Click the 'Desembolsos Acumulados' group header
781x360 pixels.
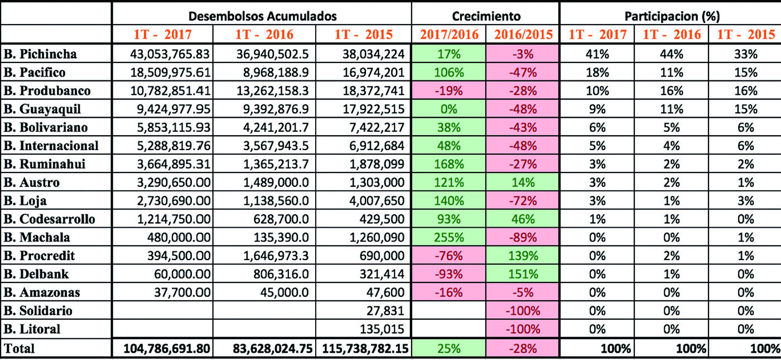[x=262, y=16]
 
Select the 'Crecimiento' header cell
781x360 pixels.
[x=485, y=16]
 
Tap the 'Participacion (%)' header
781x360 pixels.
[x=670, y=16]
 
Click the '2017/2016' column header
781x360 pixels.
[x=449, y=35]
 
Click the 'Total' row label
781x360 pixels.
[x=20, y=348]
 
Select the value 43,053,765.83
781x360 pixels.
[x=168, y=55]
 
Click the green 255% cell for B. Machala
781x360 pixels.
[x=449, y=238]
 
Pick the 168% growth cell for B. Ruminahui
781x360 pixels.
[x=449, y=165]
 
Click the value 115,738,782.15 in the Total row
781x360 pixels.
[x=364, y=348]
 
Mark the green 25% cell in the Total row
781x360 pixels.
[x=449, y=348]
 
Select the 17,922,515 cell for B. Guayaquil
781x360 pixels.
[x=374, y=109]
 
